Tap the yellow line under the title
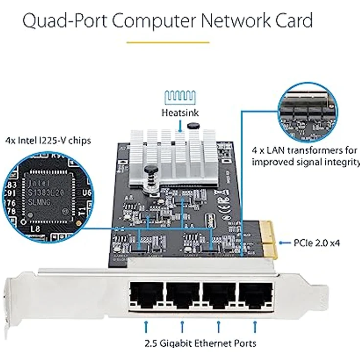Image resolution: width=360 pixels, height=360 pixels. [x=168, y=43]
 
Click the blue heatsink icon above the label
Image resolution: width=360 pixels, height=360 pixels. [x=180, y=96]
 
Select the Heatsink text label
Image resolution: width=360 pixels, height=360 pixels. [x=180, y=112]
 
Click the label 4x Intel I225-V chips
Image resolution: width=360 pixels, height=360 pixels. [x=48, y=141]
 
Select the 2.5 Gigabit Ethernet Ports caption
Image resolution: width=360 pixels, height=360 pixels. [x=201, y=343]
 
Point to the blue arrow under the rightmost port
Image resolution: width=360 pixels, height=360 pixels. [x=254, y=325]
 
